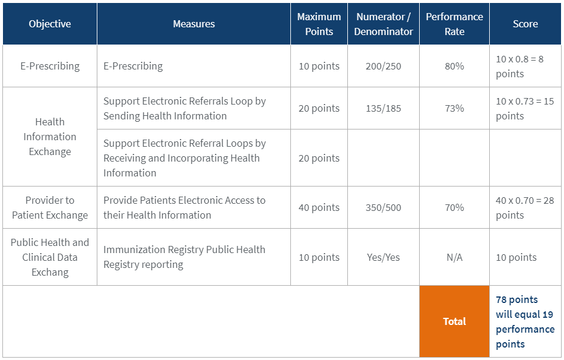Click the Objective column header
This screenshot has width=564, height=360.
(50, 24)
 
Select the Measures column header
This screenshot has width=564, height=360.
(194, 24)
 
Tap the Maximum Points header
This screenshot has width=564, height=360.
(319, 24)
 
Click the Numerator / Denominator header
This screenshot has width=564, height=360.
(384, 24)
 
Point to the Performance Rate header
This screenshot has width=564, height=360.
(454, 24)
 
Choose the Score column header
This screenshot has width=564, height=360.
(525, 24)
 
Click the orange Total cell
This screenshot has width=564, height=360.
(454, 321)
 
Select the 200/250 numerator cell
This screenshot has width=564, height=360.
(384, 66)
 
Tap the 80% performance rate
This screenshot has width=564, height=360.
(454, 66)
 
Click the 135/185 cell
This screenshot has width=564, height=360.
(384, 108)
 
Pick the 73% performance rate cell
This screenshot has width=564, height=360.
(454, 108)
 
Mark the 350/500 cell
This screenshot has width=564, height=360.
(384, 207)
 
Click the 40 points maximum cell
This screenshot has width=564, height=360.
(319, 207)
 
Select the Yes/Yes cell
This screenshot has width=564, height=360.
(384, 257)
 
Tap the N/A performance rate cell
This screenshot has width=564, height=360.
(454, 257)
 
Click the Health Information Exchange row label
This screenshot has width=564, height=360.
(50, 137)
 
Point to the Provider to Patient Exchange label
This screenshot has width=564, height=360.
(50, 207)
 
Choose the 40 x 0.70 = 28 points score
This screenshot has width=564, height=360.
(525, 207)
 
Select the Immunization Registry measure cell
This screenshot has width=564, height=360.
(184, 257)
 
